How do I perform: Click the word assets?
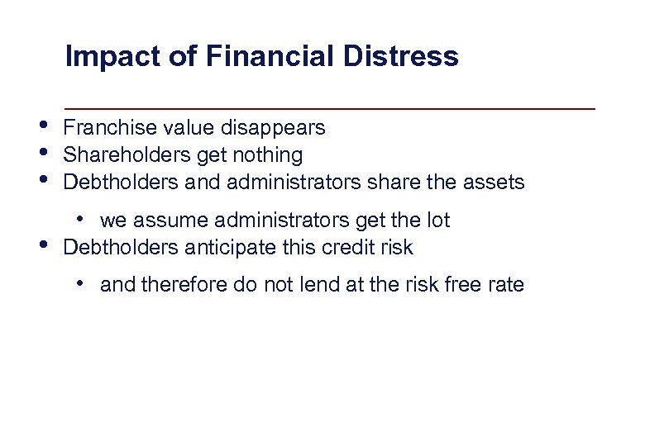click(x=495, y=182)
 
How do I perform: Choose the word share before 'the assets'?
click(x=405, y=182)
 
